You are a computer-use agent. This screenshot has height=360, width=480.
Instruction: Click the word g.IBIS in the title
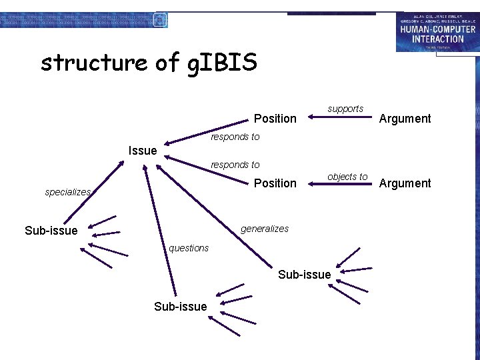(x=223, y=63)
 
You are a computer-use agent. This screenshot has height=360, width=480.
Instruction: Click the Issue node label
(x=143, y=151)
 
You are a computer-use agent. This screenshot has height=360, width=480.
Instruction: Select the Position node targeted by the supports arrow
(x=275, y=119)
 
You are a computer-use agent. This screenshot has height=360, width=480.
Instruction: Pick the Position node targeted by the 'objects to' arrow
(x=275, y=183)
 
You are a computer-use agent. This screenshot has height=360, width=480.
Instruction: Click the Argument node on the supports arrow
(x=405, y=119)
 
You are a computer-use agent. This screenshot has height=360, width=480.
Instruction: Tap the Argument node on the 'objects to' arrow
(x=405, y=183)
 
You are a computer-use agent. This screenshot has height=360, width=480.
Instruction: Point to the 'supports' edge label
(x=345, y=109)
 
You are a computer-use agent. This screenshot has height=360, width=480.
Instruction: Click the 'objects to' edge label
(x=347, y=177)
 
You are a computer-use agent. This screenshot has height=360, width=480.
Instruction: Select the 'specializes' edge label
(x=67, y=192)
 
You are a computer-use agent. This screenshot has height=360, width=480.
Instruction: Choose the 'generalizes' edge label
(x=265, y=229)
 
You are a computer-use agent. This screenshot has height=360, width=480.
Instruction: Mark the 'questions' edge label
(x=189, y=248)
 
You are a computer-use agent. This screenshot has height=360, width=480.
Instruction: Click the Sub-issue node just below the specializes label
(x=51, y=231)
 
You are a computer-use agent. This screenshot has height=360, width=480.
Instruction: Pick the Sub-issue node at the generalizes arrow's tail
(x=304, y=275)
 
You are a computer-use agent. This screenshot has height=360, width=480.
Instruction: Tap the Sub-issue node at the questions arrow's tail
(x=180, y=306)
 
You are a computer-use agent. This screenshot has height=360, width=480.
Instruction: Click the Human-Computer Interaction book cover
(x=437, y=32)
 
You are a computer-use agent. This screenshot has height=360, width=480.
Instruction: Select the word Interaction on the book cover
(x=437, y=39)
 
